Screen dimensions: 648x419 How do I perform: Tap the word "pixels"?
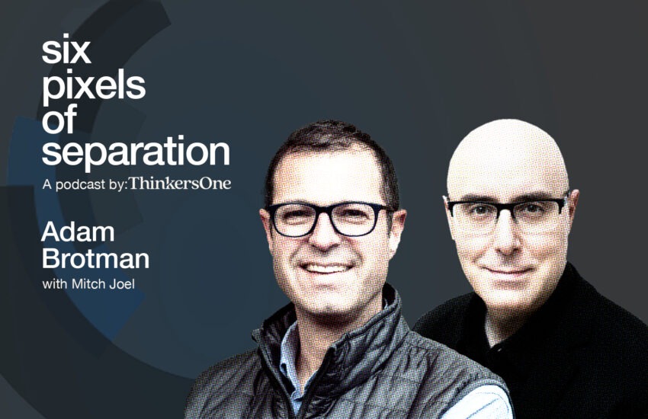pyautogui.click(x=94, y=88)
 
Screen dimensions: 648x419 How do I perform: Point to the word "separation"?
pyautogui.click(x=136, y=152)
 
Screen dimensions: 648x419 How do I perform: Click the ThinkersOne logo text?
pyautogui.click(x=180, y=184)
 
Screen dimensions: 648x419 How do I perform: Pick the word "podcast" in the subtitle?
pyautogui.click(x=80, y=184)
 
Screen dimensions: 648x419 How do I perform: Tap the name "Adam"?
pyautogui.click(x=78, y=232)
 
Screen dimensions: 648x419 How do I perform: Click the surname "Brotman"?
pyautogui.click(x=95, y=258)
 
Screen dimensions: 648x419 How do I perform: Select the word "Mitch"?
pyautogui.click(x=86, y=284)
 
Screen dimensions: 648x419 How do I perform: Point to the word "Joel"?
pyautogui.click(x=120, y=284)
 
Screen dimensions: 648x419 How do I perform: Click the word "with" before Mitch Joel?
pyautogui.click(x=55, y=284)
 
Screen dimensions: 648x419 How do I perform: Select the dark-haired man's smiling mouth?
pyautogui.click(x=327, y=268)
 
